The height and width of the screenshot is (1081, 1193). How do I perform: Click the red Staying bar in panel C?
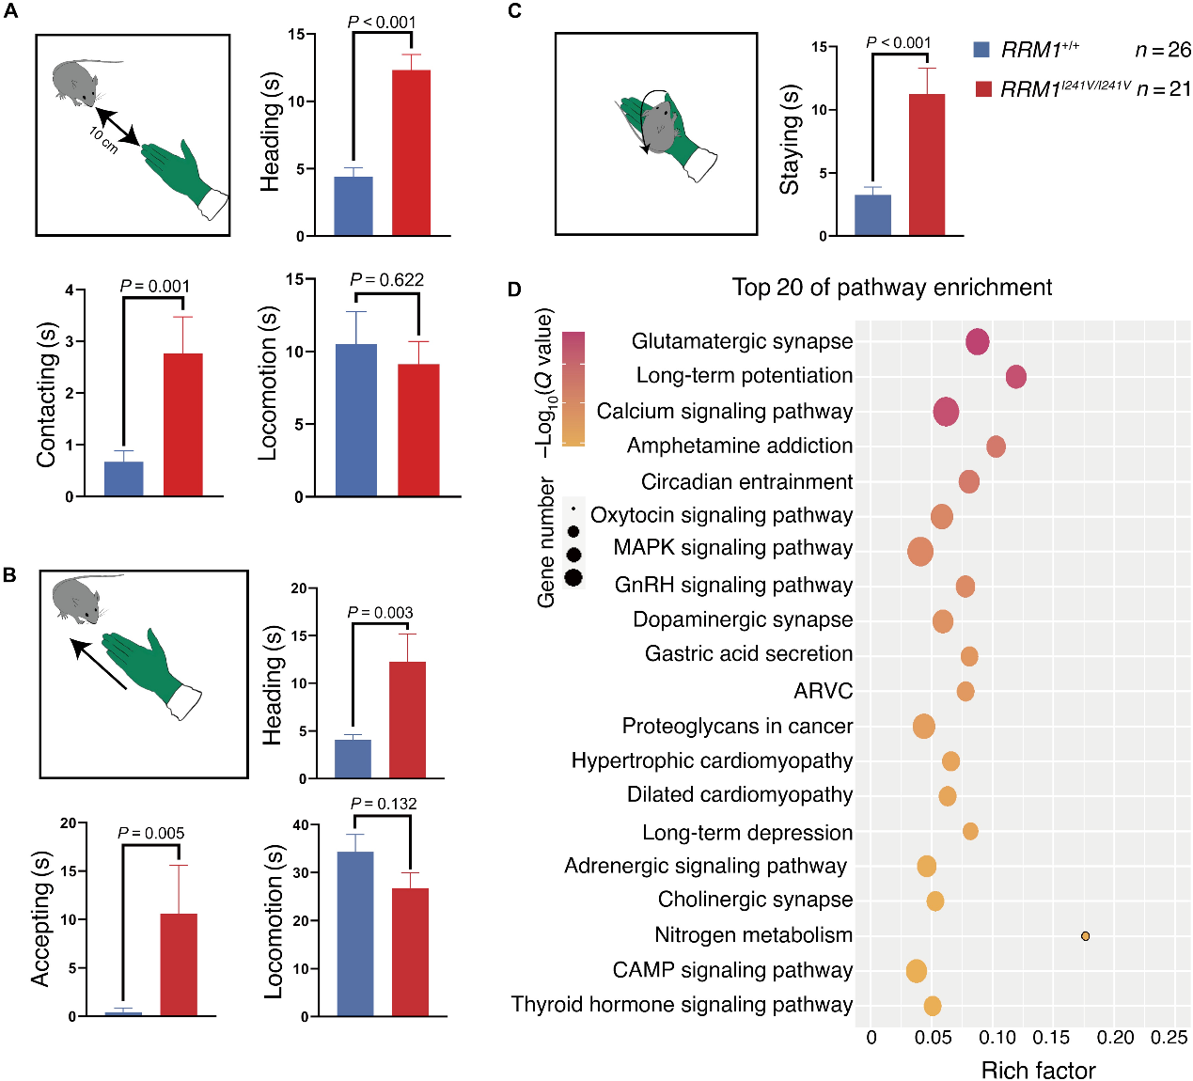pyautogui.click(x=927, y=164)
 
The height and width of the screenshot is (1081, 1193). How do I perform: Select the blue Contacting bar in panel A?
pyautogui.click(x=123, y=478)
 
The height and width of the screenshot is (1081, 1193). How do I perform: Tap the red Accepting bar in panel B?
pyautogui.click(x=179, y=964)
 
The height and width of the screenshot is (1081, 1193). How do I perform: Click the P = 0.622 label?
pyautogui.click(x=386, y=280)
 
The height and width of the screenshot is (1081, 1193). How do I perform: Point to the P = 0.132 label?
pyautogui.click(x=383, y=804)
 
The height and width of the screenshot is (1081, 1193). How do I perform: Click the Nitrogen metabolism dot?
pyautogui.click(x=1085, y=936)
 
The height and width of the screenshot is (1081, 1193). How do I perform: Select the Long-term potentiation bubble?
pyautogui.click(x=1015, y=377)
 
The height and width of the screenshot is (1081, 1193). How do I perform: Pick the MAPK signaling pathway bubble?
pyautogui.click(x=920, y=552)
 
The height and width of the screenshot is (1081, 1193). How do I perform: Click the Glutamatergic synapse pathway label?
pyautogui.click(x=742, y=341)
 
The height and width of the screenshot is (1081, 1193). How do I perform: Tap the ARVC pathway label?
pyautogui.click(x=823, y=691)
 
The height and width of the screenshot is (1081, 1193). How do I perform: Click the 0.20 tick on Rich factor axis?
pyautogui.click(x=1115, y=1037)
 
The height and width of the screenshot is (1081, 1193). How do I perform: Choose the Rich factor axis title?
pyautogui.click(x=1038, y=1071)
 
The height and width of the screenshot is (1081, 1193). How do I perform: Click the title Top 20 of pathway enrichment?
pyautogui.click(x=891, y=288)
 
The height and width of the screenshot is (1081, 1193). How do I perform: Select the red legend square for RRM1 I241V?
pyautogui.click(x=984, y=89)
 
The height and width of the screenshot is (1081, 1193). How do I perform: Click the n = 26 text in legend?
pyautogui.click(x=1163, y=50)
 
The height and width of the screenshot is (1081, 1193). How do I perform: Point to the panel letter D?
pyautogui.click(x=514, y=290)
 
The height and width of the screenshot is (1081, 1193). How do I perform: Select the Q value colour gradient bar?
pyautogui.click(x=573, y=388)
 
